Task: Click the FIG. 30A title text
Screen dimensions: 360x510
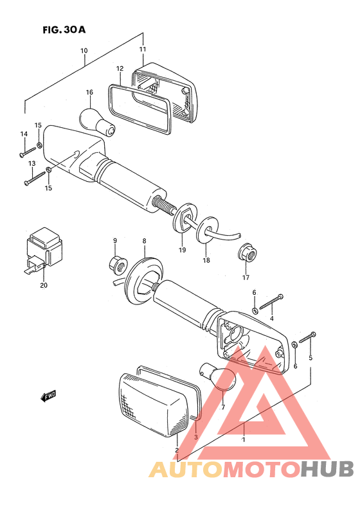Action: coord(64,30)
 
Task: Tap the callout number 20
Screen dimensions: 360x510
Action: coord(44,285)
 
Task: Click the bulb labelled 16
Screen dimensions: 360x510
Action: coord(96,122)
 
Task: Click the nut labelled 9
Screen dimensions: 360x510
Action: coord(118,265)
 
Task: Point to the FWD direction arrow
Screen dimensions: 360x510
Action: coord(48,396)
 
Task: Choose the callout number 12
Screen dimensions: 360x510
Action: coord(120,69)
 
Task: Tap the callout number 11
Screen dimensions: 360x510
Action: coord(143,49)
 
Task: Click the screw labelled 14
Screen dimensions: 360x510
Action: coord(28,152)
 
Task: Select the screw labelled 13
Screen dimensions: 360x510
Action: coord(35,179)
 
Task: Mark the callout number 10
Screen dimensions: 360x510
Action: coord(84,51)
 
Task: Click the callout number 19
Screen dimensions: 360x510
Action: coord(183,250)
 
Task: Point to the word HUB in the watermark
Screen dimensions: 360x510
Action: coord(327,469)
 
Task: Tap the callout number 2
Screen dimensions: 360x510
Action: coord(177,450)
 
